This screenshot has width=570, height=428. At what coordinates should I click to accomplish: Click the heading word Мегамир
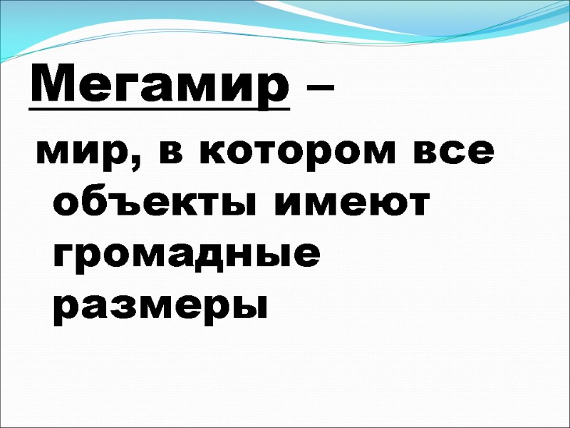click(160, 87)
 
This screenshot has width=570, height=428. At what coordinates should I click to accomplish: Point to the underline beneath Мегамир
click(160, 110)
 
